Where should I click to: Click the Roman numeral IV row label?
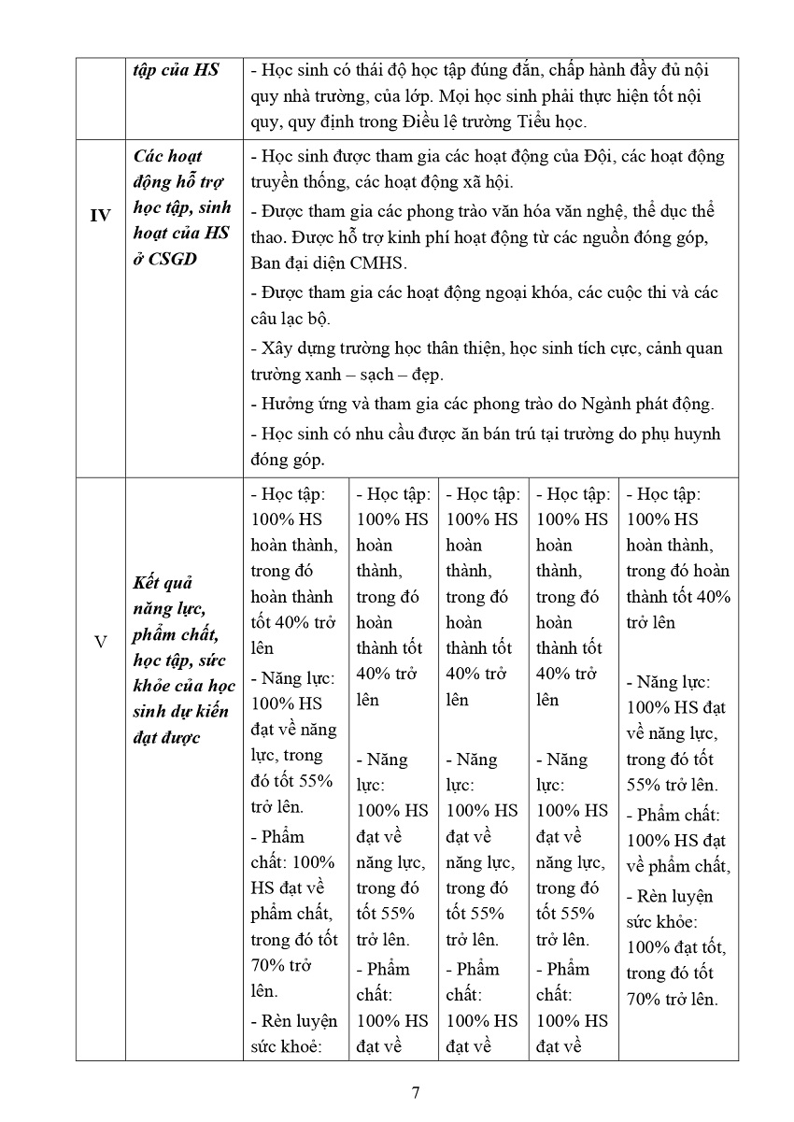(100, 216)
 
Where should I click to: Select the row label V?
(100, 643)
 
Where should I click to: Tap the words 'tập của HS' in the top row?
(176, 70)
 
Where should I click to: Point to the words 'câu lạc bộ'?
(291, 319)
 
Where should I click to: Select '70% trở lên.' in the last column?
(673, 999)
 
